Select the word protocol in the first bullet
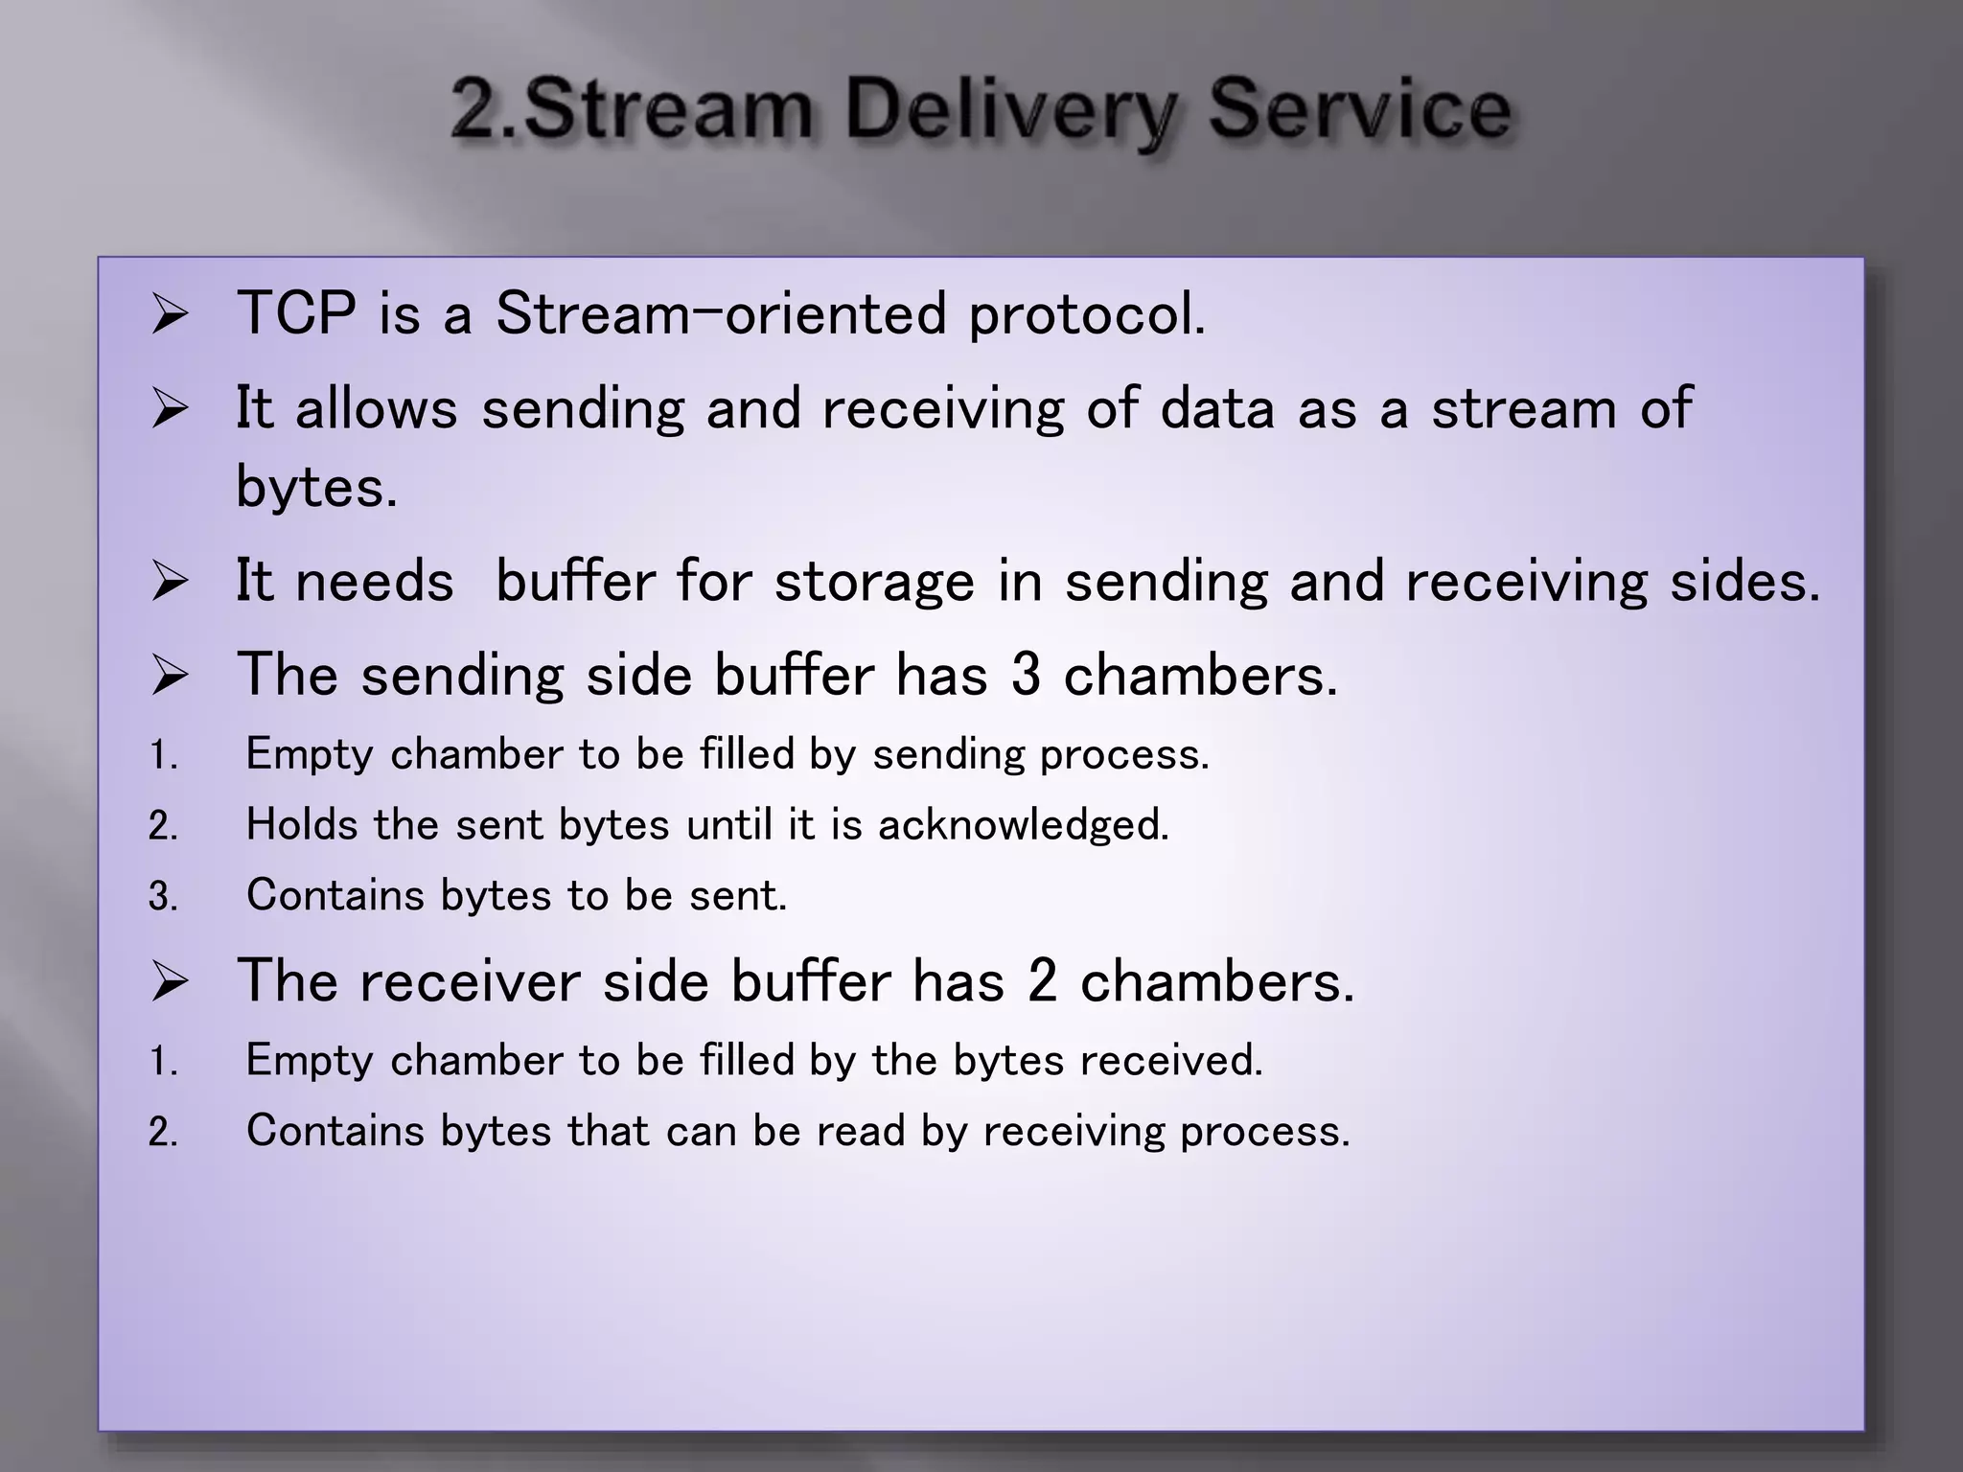pos(1086,314)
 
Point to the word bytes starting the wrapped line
pos(315,487)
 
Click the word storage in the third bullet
pos(874,581)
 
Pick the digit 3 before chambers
pos(1025,674)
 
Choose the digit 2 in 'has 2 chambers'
pos(1042,981)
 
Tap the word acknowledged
pos(1023,824)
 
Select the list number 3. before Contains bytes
pos(163,897)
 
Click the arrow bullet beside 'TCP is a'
pos(170,315)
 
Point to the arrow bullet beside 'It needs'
pos(170,583)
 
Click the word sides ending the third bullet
pos(1744,581)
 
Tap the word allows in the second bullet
pos(376,407)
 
